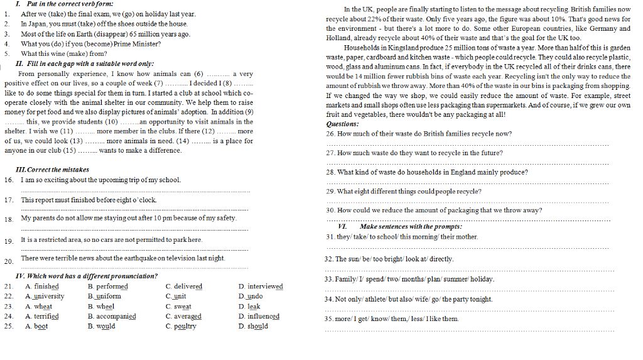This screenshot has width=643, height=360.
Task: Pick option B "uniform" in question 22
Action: coord(109,297)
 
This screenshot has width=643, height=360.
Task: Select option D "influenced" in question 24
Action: coord(262,317)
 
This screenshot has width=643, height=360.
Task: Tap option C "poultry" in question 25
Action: coord(185,327)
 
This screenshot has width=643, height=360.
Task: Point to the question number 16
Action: coord(9,180)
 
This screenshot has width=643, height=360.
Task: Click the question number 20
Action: coord(9,261)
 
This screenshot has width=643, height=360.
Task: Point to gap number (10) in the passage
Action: coord(112,122)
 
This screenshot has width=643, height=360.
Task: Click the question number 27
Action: coord(331,153)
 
